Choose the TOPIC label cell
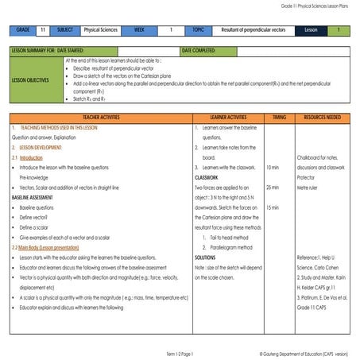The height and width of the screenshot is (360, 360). [x=198, y=30]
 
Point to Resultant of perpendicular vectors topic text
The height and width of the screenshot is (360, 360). [x=252, y=30]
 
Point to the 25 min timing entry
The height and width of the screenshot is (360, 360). [x=274, y=188]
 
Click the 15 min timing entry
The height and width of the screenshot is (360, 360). [x=274, y=207]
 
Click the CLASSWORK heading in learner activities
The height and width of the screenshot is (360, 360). [x=207, y=177]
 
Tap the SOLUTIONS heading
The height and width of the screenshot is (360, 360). [x=206, y=257]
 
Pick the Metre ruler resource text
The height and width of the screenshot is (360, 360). [x=308, y=188]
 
